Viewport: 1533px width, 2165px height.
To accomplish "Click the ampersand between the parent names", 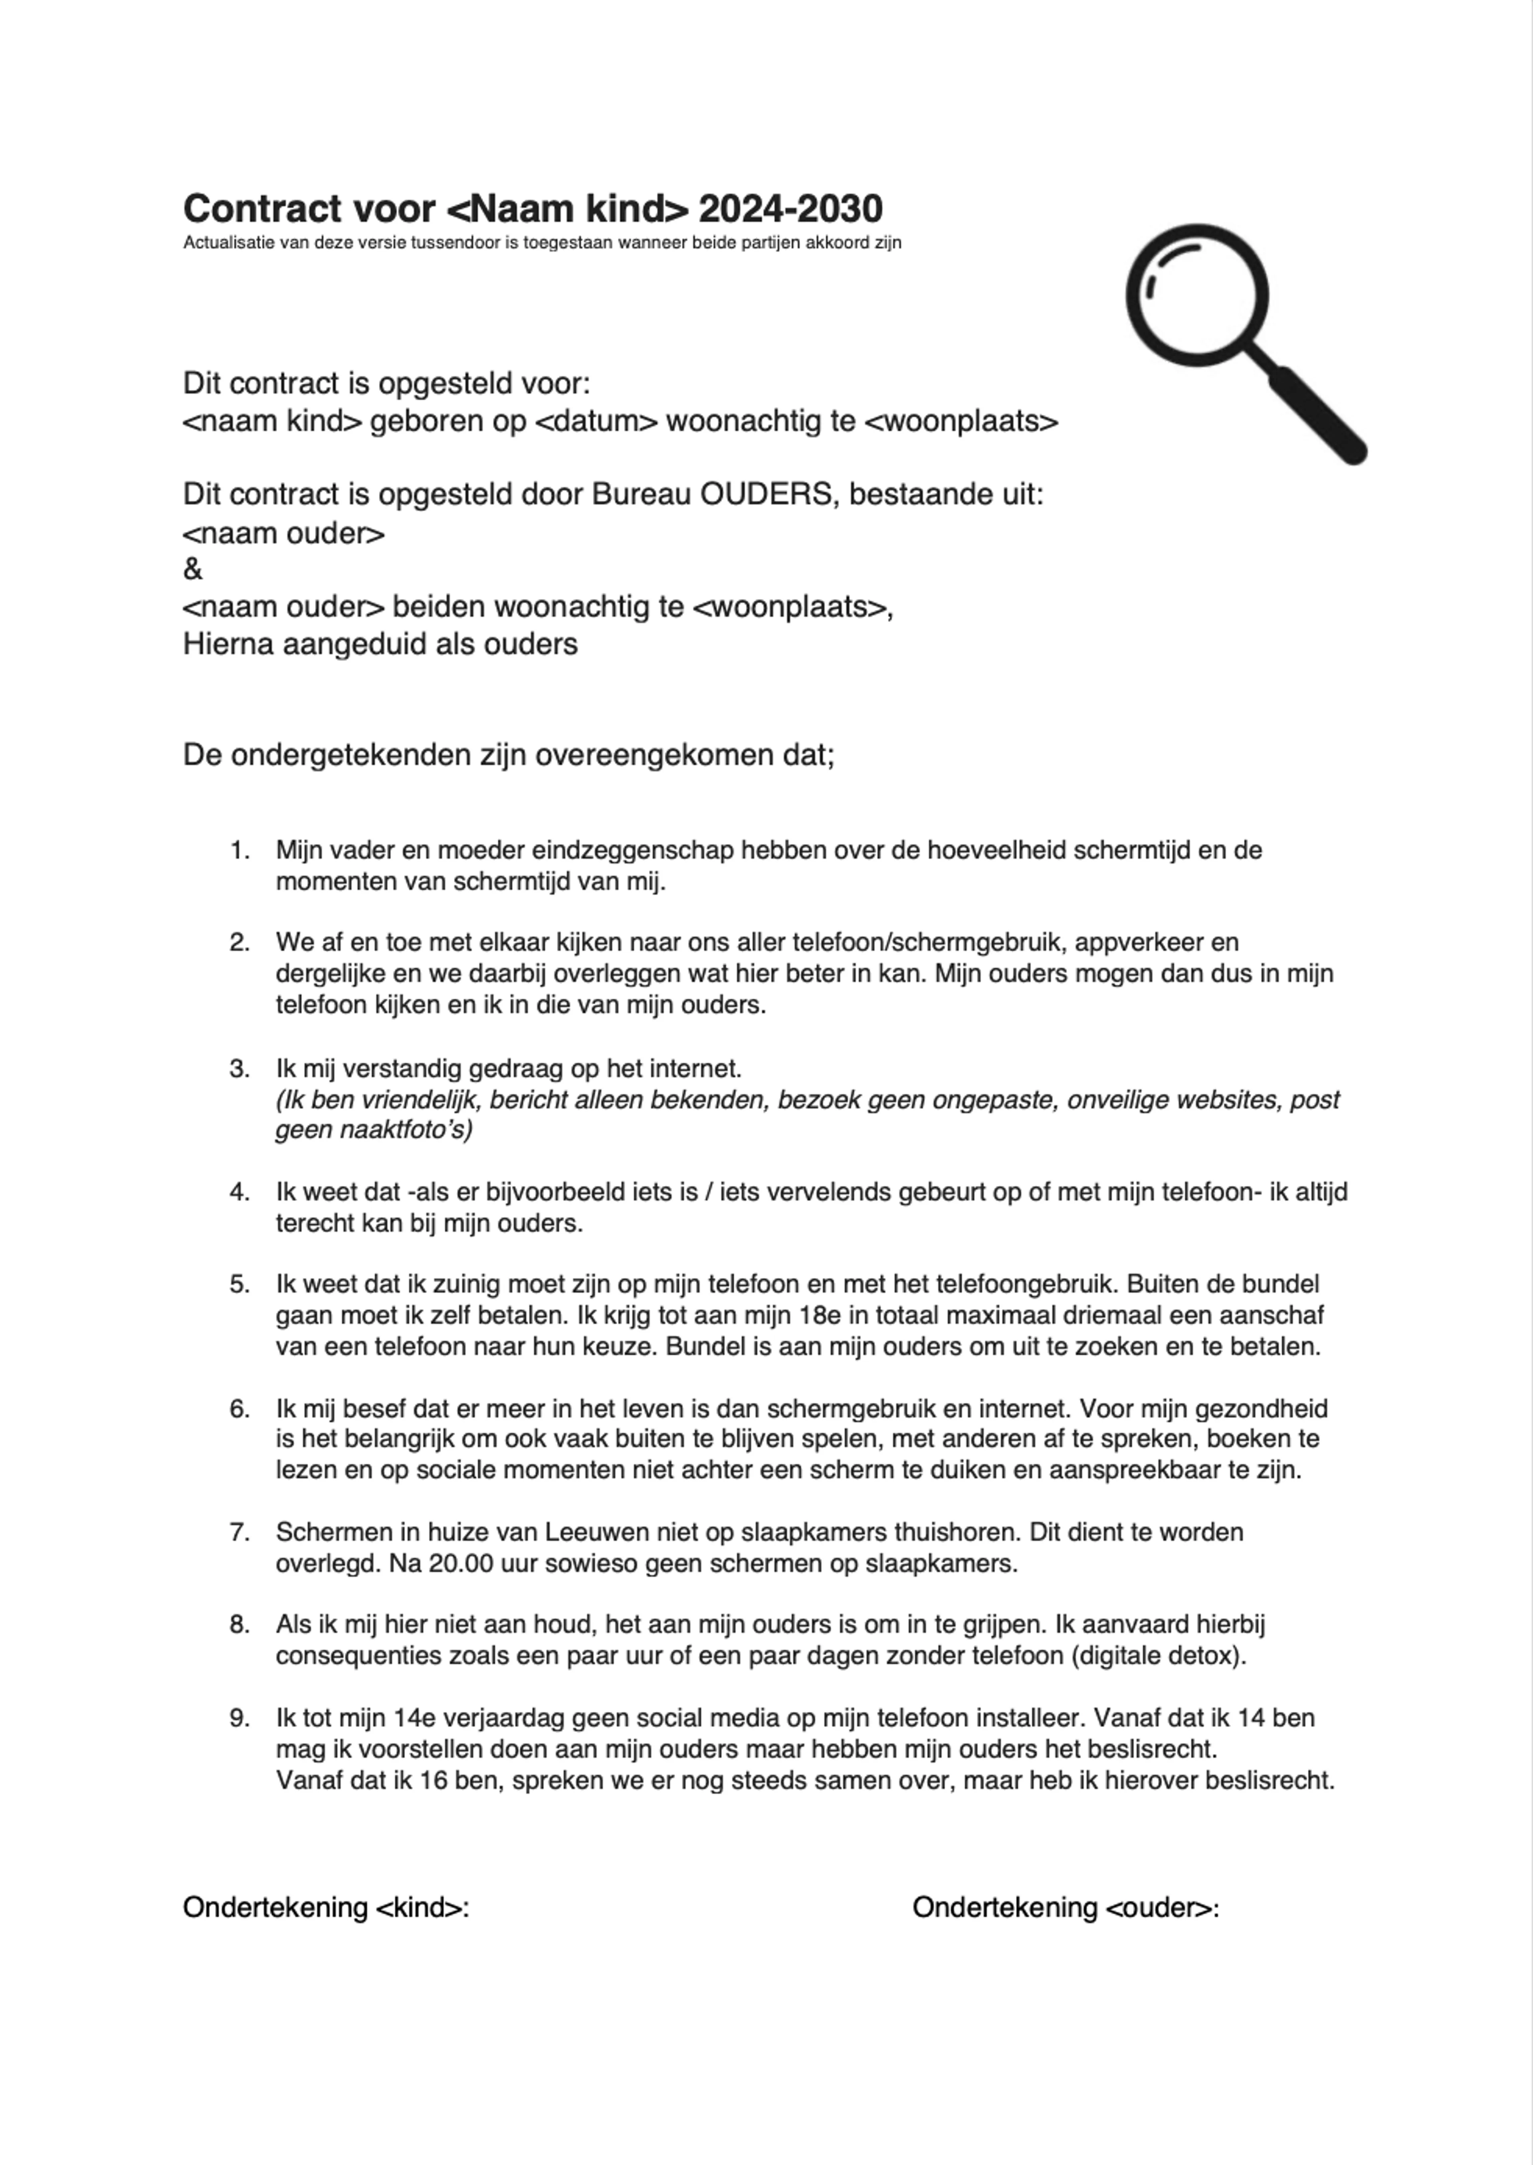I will (192, 569).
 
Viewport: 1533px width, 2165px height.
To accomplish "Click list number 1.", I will (240, 850).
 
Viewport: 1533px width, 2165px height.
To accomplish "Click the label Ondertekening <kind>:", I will (326, 1908).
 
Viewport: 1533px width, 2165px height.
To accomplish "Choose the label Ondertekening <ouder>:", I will (1065, 1908).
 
